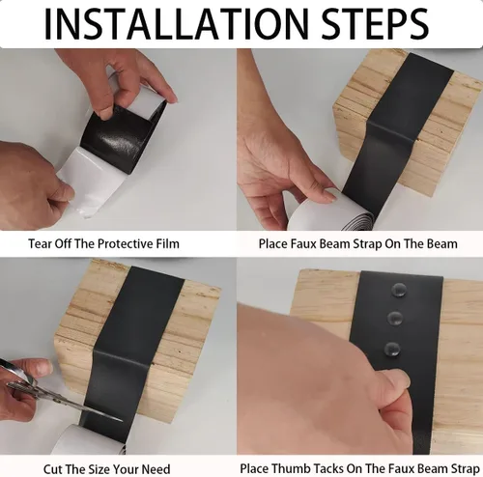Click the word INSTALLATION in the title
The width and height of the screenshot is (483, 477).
(x=176, y=24)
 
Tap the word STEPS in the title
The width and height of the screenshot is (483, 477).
(x=375, y=24)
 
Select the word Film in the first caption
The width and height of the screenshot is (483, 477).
(x=168, y=243)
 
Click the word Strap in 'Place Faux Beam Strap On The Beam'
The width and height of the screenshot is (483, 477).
(x=367, y=244)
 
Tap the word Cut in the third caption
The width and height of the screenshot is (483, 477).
(x=52, y=469)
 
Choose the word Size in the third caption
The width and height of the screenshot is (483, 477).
(x=99, y=469)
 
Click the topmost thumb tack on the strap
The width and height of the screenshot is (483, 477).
(x=398, y=291)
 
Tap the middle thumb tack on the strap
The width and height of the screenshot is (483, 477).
(x=395, y=318)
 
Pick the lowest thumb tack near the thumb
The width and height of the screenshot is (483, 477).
(x=392, y=350)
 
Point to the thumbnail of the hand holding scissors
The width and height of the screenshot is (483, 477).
(x=43, y=367)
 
